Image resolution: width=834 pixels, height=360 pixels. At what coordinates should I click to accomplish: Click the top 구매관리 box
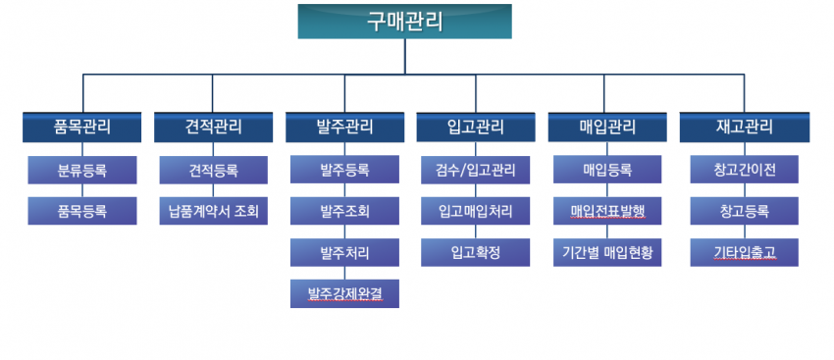[x=405, y=22]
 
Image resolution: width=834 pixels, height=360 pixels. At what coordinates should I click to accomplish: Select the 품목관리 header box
[x=81, y=128]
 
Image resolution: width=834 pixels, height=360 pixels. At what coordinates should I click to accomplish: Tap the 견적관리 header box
[x=213, y=128]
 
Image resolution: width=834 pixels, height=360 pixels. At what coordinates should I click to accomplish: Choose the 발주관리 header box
[x=344, y=128]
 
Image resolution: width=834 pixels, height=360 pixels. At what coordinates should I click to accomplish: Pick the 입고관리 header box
[x=476, y=128]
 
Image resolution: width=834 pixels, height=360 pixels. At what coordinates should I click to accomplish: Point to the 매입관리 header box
[x=607, y=128]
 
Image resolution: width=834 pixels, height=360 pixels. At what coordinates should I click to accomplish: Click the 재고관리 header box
[x=745, y=128]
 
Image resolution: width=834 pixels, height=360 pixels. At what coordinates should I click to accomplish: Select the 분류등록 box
[x=82, y=170]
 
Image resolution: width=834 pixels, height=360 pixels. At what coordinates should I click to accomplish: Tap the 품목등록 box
[x=82, y=211]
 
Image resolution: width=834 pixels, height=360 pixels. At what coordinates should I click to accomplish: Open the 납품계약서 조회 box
[x=214, y=211]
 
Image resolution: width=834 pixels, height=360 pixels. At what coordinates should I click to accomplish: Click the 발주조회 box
[x=344, y=211]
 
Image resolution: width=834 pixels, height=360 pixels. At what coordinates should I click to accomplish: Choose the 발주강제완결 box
[x=344, y=293]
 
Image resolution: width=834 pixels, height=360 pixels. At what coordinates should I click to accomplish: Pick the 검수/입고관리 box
[x=476, y=170]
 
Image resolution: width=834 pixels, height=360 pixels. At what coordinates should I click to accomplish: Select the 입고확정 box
[x=476, y=252]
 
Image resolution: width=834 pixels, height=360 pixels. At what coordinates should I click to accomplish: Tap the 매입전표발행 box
[x=607, y=211]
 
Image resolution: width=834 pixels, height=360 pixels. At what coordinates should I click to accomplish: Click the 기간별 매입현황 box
[x=607, y=252]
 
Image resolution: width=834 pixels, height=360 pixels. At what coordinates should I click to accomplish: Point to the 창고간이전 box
[x=745, y=170]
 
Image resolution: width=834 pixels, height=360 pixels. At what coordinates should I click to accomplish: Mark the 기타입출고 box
[x=745, y=252]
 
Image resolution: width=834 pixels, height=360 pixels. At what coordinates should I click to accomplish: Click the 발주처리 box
[x=344, y=252]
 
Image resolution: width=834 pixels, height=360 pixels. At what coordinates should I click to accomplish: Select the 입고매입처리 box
[x=476, y=211]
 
